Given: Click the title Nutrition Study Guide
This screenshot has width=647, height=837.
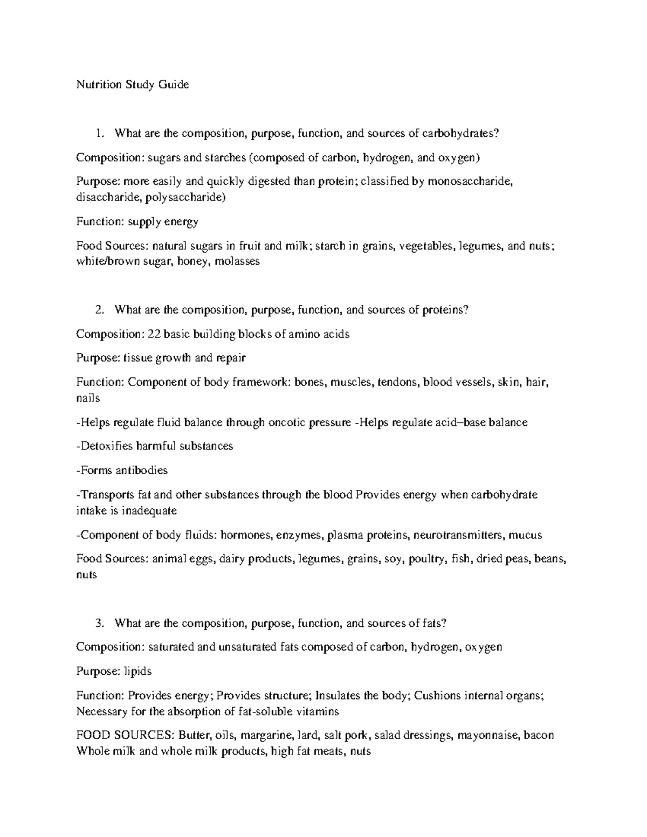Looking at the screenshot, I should pos(132,85).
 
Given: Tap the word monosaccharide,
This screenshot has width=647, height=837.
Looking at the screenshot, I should pos(469,182).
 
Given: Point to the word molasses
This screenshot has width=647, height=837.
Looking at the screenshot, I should pos(237,262).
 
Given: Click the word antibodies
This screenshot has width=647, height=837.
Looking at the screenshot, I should pos(142,471).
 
